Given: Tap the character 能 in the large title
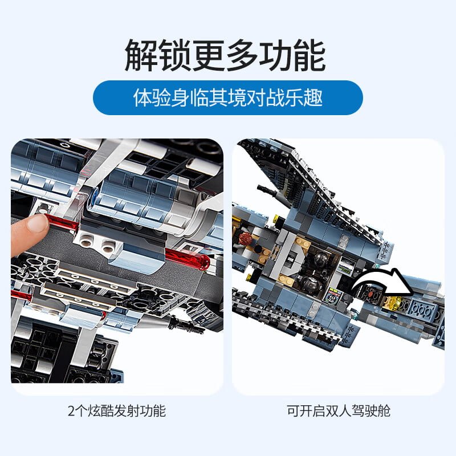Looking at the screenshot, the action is click(x=309, y=55).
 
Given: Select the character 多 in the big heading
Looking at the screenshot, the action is click(x=242, y=55).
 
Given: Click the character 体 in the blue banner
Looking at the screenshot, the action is click(x=142, y=97).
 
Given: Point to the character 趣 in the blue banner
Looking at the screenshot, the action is click(x=313, y=97).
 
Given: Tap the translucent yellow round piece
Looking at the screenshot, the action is click(x=394, y=303).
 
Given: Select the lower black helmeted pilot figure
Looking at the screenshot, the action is click(x=309, y=283).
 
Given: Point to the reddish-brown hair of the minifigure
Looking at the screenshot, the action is click(x=246, y=238).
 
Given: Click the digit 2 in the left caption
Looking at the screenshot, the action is click(x=72, y=411).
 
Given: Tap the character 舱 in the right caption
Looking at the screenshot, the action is click(x=384, y=411).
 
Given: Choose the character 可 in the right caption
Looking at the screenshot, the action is click(x=294, y=411).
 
